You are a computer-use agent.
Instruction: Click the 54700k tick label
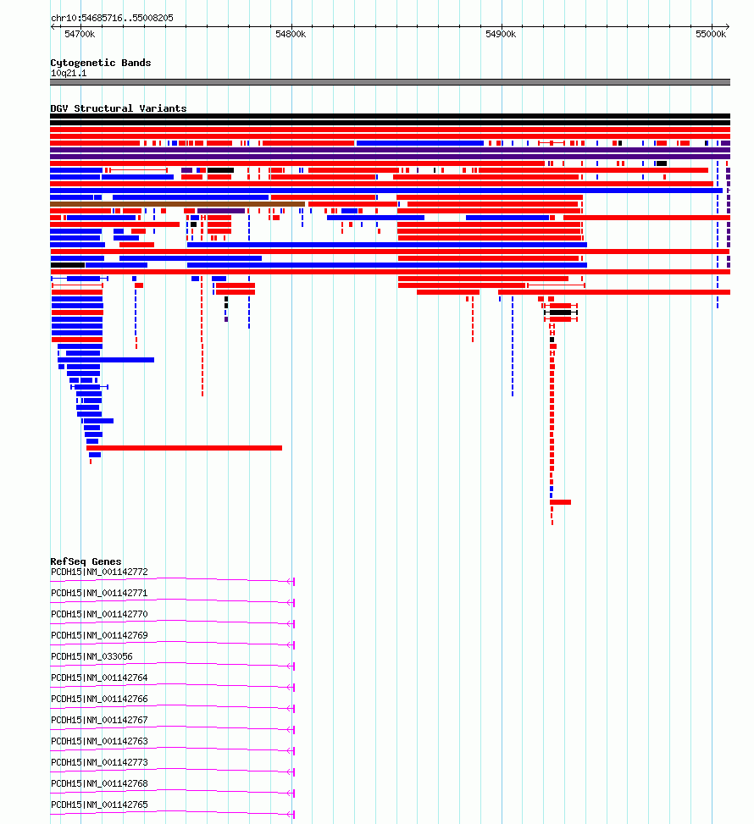(x=80, y=34)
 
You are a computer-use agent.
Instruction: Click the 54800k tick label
(x=291, y=34)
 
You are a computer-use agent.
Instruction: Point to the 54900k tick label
(x=501, y=34)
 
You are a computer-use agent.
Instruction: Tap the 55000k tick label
(x=711, y=34)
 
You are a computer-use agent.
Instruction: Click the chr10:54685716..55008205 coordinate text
(x=112, y=18)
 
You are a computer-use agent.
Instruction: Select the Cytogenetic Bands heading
(x=101, y=63)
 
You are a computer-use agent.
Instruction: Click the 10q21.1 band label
(x=69, y=73)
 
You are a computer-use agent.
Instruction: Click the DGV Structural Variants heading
(x=119, y=108)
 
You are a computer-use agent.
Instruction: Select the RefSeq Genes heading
(x=86, y=561)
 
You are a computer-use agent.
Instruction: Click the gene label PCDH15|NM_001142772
(x=99, y=572)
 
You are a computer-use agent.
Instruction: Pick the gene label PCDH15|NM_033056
(x=92, y=656)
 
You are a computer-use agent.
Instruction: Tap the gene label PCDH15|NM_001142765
(x=99, y=805)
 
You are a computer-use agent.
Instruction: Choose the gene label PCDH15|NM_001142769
(x=99, y=635)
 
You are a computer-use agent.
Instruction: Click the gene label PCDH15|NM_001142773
(x=99, y=762)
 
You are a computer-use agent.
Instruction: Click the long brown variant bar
(x=177, y=204)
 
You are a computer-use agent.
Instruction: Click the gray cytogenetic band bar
(x=391, y=82)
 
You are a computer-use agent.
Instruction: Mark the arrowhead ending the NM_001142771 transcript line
(x=291, y=603)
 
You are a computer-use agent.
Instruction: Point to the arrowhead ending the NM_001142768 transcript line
(x=291, y=793)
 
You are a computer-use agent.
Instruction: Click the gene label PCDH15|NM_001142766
(x=99, y=699)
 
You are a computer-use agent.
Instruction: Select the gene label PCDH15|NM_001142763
(x=99, y=741)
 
